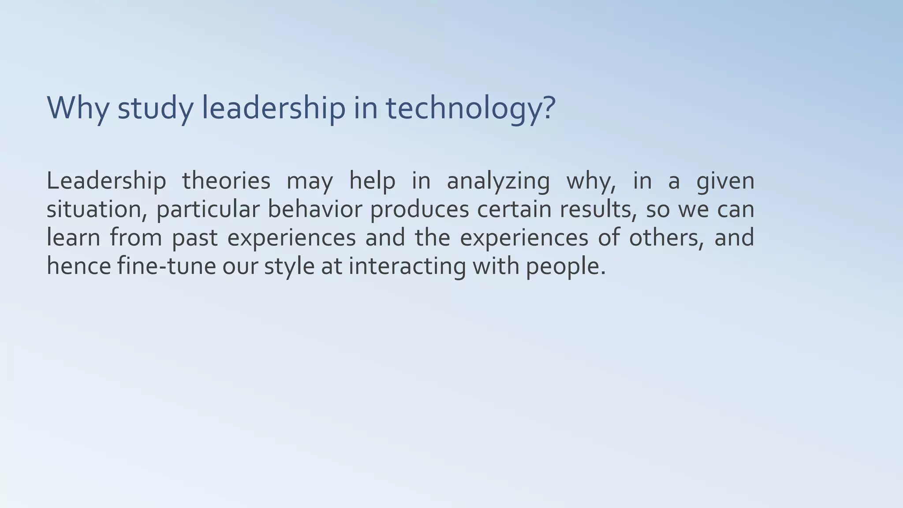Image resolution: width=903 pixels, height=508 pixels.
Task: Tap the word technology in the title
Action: tap(465, 108)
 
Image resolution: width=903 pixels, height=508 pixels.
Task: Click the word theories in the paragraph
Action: tap(226, 181)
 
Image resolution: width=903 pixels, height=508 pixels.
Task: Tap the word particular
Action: tap(208, 210)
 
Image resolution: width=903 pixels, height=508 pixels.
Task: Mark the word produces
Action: tap(419, 210)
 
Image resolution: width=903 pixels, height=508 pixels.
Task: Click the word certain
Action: tap(514, 209)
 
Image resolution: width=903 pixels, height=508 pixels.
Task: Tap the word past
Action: tap(194, 238)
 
